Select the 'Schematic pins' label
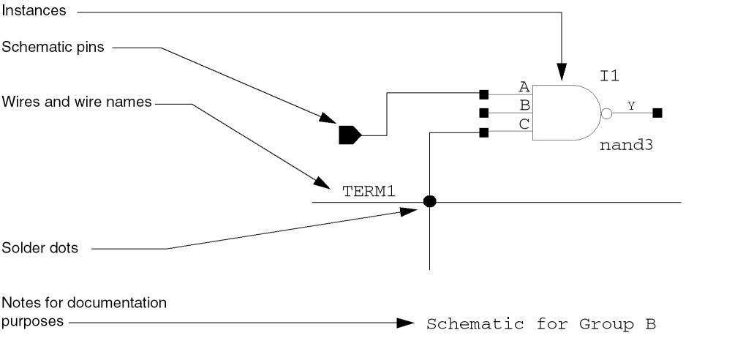tap(53, 48)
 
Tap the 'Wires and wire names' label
tap(77, 102)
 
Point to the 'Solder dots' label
tap(40, 249)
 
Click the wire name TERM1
tap(369, 192)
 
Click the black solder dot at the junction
tap(430, 201)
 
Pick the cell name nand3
tap(625, 145)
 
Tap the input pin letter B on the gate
tap(524, 105)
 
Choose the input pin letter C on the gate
tap(524, 124)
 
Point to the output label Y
tap(631, 106)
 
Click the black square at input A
tap(484, 94)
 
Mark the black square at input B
tap(484, 113)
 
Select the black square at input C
tap(484, 132)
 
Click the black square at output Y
tap(657, 113)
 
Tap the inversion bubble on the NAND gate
tap(606, 113)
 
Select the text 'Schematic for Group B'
tap(541, 323)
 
